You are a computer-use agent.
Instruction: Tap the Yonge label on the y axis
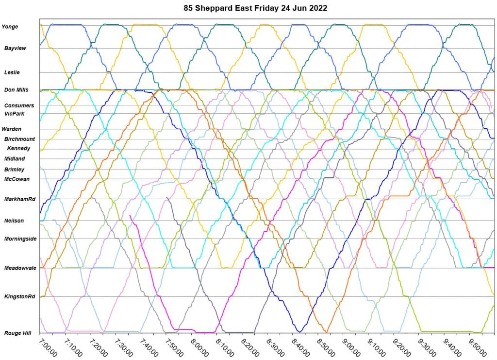pyautogui.click(x=10, y=27)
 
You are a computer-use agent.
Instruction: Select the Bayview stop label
pyautogui.click(x=15, y=49)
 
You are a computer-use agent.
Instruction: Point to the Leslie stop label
pyautogui.click(x=12, y=72)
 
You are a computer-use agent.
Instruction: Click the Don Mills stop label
pyautogui.click(x=17, y=90)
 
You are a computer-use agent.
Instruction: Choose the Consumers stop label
pyautogui.click(x=19, y=105)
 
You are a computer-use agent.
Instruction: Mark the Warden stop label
pyautogui.click(x=11, y=129)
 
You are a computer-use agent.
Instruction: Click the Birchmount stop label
pyautogui.click(x=19, y=139)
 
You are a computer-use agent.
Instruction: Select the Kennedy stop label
pyautogui.click(x=18, y=148)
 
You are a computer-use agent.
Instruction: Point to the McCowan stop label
pyautogui.click(x=17, y=179)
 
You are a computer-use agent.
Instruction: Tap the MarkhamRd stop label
pyautogui.click(x=20, y=200)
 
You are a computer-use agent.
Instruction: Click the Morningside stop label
pyautogui.click(x=20, y=239)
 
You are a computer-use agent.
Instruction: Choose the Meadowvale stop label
pyautogui.click(x=20, y=268)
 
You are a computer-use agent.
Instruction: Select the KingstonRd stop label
pyautogui.click(x=20, y=296)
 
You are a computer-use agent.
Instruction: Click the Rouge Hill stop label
pyautogui.click(x=17, y=333)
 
